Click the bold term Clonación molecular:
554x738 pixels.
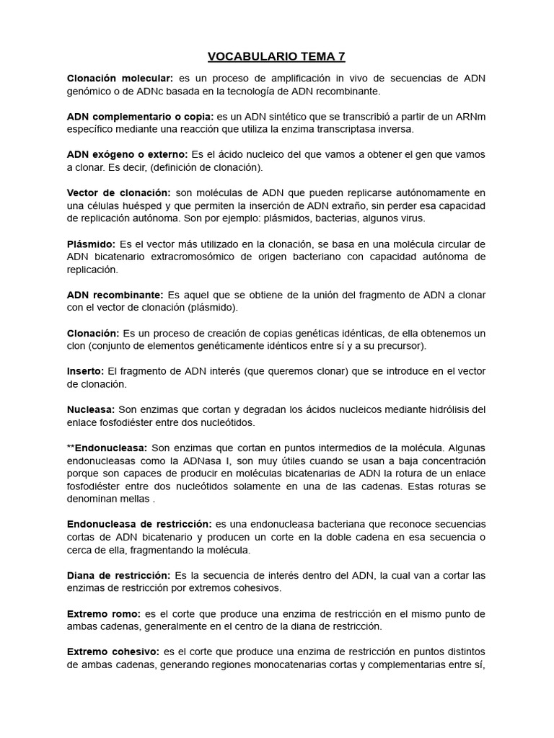point(120,79)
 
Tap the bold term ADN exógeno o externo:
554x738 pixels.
point(127,154)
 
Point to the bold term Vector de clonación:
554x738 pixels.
point(119,192)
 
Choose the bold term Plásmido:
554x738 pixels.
point(91,244)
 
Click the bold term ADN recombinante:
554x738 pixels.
point(115,295)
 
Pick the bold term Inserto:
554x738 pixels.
point(86,371)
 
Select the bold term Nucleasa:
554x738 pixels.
point(90,409)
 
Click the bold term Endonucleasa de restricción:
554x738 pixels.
point(139,523)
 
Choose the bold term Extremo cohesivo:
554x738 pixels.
point(113,652)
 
